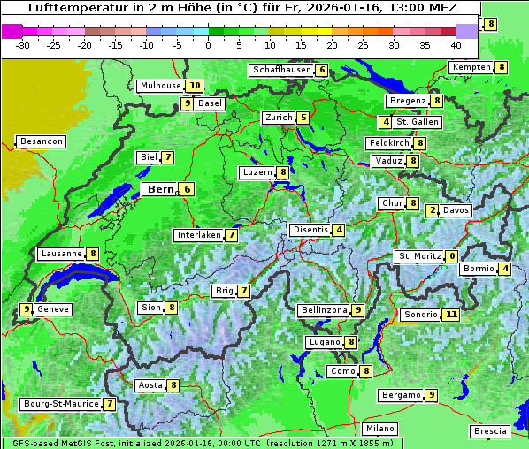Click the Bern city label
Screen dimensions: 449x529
160,189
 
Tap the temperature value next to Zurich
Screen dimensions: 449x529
303,118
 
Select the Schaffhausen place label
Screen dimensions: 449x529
281,70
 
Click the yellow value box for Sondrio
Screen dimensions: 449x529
451,315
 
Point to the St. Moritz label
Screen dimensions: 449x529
419,256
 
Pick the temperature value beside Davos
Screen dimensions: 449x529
433,210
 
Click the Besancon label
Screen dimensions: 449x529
41,141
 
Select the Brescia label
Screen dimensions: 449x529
490,431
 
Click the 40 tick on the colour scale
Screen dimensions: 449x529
456,44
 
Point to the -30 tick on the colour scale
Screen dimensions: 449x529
23,44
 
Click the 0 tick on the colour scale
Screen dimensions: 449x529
208,44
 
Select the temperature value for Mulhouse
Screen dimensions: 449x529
194,86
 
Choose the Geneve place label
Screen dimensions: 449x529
53,309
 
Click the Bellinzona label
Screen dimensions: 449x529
323,310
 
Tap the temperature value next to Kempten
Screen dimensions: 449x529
501,67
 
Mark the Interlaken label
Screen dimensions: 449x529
199,235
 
